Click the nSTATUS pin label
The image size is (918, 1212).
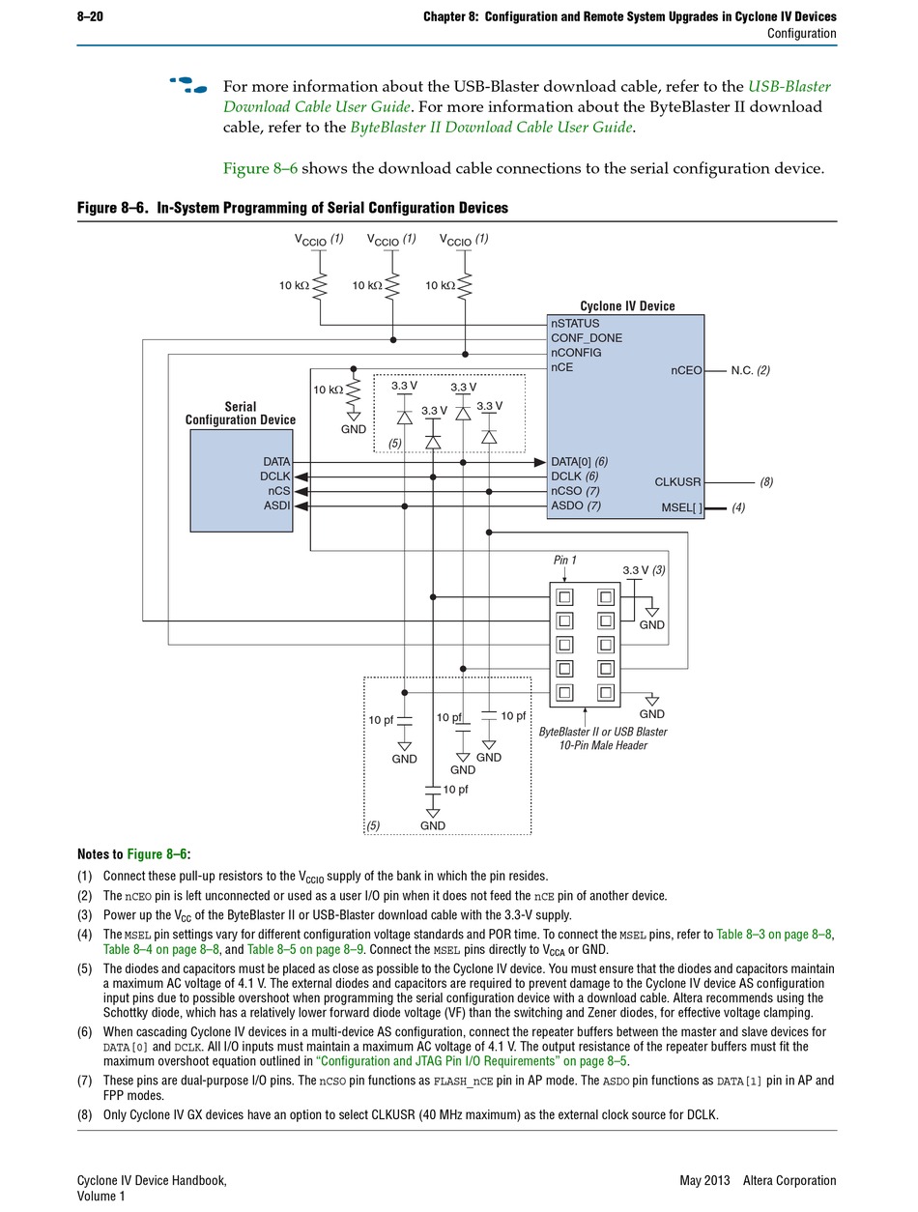[x=575, y=324]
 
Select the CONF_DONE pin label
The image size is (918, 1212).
[x=587, y=338]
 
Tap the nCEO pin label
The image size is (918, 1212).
[x=686, y=370]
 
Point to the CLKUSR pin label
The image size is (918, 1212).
[x=677, y=482]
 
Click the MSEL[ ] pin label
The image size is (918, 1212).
[x=682, y=507]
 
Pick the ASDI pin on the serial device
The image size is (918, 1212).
[x=276, y=505]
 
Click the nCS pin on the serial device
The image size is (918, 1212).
[x=278, y=491]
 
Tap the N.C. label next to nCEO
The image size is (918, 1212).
[x=742, y=370]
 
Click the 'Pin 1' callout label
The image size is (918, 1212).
[x=564, y=560]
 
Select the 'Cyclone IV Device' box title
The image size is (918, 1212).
[x=627, y=305]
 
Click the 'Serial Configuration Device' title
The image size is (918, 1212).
[x=240, y=413]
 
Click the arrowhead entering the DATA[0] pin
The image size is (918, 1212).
[x=540, y=463]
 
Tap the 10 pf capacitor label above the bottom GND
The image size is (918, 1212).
[x=455, y=790]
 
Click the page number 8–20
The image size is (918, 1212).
[x=90, y=16]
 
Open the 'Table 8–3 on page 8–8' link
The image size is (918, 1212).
[x=774, y=935]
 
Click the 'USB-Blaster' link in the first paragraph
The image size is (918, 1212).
[x=789, y=86]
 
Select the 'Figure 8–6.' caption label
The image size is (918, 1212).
[x=113, y=208]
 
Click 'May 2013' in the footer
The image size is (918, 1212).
[x=704, y=1180]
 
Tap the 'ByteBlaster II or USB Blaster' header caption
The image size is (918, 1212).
[x=603, y=732]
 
